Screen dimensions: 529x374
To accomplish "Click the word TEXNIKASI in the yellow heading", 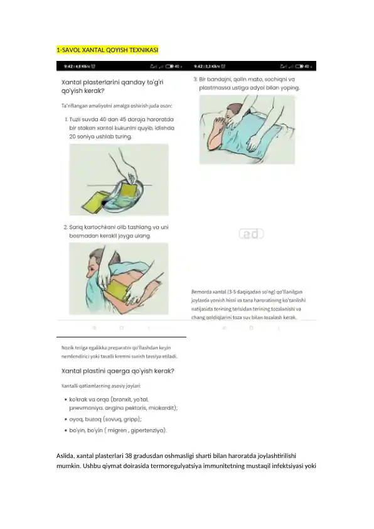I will (142, 49).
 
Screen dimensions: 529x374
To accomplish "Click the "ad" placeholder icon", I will (251, 234).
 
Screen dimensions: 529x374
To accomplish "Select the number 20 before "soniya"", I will (73, 136).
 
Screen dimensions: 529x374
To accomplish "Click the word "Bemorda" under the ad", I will (202, 292).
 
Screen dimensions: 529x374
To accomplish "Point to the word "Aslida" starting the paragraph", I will (65, 454).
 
